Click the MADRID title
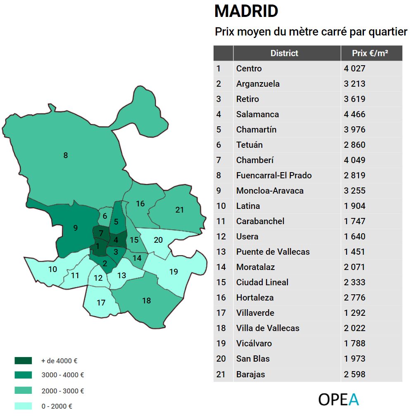pyautogui.click(x=246, y=12)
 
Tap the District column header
pyautogui.click(x=284, y=53)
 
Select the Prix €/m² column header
pyautogui.click(x=370, y=53)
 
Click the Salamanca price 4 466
pyautogui.click(x=354, y=114)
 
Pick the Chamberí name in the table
pyautogui.click(x=255, y=160)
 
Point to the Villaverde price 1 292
pyautogui.click(x=354, y=313)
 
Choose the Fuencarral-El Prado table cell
pyautogui.click(x=274, y=175)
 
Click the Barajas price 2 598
pyautogui.click(x=354, y=374)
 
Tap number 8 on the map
pyautogui.click(x=65, y=156)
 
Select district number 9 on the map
pyautogui.click(x=75, y=228)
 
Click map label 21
pyautogui.click(x=179, y=210)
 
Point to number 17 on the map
pyautogui.click(x=101, y=303)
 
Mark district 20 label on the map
pyautogui.click(x=158, y=240)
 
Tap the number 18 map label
pyautogui.click(x=146, y=301)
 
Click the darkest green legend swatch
pyautogui.click(x=23, y=360)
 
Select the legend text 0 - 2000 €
pyautogui.click(x=57, y=406)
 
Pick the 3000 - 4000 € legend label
pyautogui.click(x=62, y=375)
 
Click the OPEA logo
pyautogui.click(x=338, y=400)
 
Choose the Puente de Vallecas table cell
pyautogui.click(x=273, y=252)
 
